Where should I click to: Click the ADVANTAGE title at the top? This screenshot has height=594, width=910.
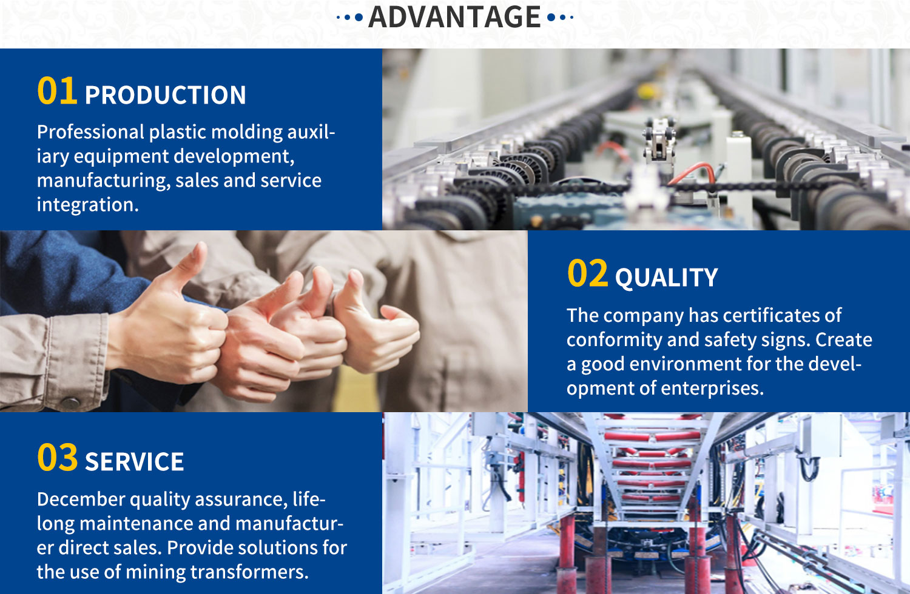(x=454, y=17)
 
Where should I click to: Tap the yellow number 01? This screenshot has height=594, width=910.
(x=57, y=90)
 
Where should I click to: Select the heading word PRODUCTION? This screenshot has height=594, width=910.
(x=166, y=95)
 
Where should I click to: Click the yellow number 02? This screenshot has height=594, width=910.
(x=587, y=273)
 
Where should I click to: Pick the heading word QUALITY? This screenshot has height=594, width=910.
(x=666, y=278)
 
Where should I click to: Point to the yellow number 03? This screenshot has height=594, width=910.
(x=57, y=457)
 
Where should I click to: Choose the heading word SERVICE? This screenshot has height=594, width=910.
(x=135, y=462)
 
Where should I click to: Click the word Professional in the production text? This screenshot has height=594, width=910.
(x=90, y=132)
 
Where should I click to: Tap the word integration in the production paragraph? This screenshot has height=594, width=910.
(x=88, y=205)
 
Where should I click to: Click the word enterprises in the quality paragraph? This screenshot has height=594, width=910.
(x=712, y=389)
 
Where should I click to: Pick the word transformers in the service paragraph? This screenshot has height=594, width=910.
(x=249, y=572)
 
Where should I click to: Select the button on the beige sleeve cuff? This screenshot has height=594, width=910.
(x=70, y=402)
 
